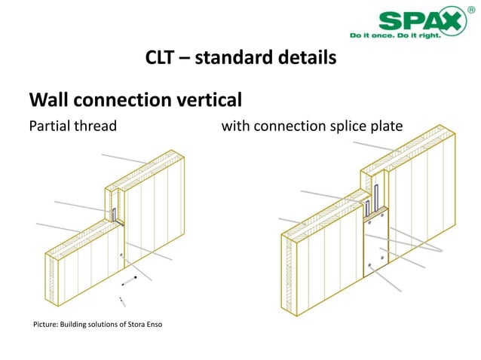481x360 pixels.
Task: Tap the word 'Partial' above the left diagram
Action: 49,126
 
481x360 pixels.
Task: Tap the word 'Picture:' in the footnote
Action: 44,325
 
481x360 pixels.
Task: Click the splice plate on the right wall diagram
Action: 375,245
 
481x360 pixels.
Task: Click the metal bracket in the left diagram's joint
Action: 114,214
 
